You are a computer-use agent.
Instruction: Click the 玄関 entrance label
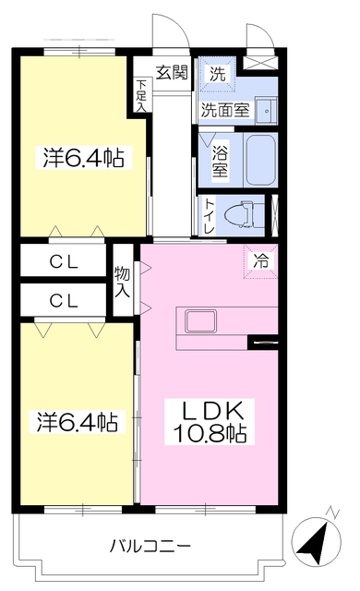tap(172, 72)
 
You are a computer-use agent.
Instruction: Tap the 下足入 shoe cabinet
tap(141, 95)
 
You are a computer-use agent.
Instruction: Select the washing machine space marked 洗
tap(217, 74)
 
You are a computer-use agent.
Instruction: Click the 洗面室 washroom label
tap(225, 110)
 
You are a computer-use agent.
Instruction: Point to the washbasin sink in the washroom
tap(266, 111)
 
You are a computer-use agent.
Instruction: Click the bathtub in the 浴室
tap(260, 160)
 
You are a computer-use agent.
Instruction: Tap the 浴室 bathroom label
tap(220, 161)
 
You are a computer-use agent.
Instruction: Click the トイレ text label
tap(209, 215)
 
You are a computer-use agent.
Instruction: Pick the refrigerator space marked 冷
tap(260, 261)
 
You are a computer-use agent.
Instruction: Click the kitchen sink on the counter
tap(200, 321)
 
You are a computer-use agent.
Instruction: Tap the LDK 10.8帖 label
tap(210, 422)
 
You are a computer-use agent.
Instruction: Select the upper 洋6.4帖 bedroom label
tap(84, 158)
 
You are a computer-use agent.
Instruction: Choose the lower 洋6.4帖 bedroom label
tap(78, 421)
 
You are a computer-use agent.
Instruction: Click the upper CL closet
tap(63, 260)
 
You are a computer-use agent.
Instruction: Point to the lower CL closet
tap(63, 300)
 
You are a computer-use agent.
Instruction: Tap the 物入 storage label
tap(123, 282)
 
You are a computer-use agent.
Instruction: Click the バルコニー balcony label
tap(150, 546)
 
